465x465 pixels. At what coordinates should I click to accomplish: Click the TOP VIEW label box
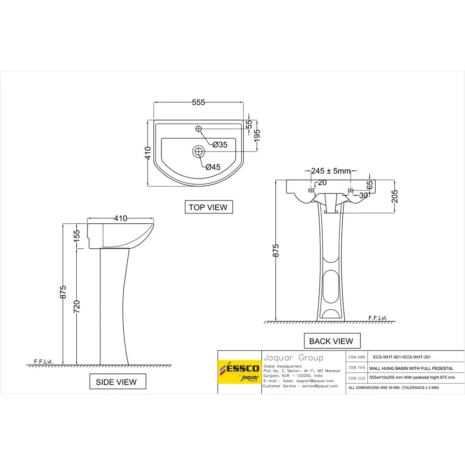tap(209, 207)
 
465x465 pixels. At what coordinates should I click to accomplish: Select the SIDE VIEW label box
tap(116, 382)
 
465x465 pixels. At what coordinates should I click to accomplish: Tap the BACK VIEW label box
tap(331, 341)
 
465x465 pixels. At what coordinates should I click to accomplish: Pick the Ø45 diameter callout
tap(213, 167)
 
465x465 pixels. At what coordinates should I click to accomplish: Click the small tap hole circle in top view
tap(199, 129)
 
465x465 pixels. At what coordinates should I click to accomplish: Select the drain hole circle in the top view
tap(199, 151)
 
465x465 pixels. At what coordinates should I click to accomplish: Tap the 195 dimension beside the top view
tap(257, 135)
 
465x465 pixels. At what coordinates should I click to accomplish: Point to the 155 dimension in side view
tap(77, 236)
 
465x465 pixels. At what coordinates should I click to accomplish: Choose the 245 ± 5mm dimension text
tap(331, 171)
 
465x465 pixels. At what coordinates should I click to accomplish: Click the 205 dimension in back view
tap(395, 198)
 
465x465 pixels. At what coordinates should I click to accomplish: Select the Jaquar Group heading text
tap(293, 358)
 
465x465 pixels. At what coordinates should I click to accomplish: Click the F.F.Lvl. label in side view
tap(44, 361)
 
